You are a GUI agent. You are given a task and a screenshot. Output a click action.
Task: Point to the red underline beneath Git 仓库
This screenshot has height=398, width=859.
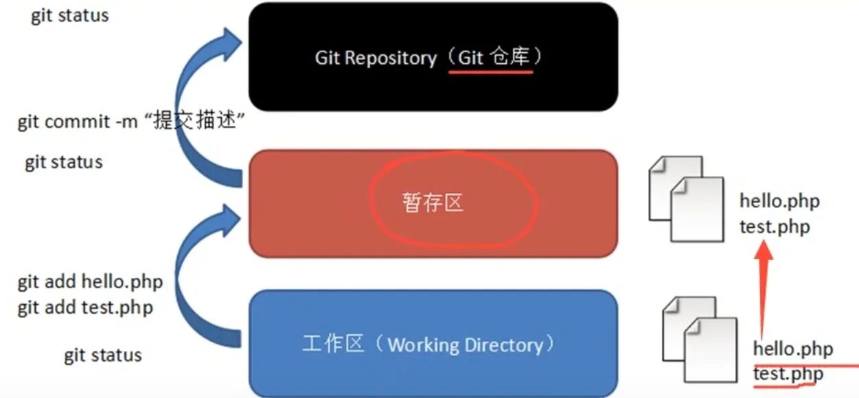[x=490, y=71]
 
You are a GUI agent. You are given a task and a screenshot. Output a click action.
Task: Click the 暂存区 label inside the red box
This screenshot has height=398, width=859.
[x=433, y=202]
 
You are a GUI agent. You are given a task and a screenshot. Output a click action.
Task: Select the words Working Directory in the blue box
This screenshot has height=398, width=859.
[x=465, y=344]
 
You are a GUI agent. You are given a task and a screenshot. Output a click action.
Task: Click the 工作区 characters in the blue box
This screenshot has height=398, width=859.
[x=332, y=344]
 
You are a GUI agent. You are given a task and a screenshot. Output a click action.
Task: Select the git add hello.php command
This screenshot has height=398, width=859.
[x=90, y=282]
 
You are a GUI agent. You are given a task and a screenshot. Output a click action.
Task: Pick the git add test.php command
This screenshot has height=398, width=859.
[x=85, y=307]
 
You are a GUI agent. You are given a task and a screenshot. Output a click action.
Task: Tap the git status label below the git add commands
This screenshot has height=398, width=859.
[x=103, y=355]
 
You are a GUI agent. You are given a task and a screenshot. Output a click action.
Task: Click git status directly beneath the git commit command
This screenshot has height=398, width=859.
[x=64, y=163]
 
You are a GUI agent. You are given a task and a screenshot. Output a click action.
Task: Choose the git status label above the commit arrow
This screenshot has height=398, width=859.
[x=70, y=16]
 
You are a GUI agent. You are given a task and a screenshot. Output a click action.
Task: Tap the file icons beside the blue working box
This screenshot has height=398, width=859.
[x=700, y=338]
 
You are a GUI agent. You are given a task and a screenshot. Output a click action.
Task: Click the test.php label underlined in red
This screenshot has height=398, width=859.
[x=788, y=374]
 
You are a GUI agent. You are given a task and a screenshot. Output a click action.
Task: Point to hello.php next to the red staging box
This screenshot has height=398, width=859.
[x=779, y=201]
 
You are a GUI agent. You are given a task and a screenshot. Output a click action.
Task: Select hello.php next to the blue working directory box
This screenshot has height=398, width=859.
[x=793, y=349]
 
